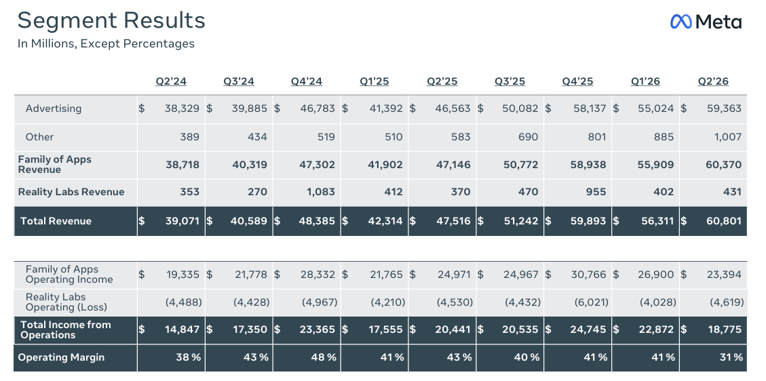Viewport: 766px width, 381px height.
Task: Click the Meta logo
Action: tap(706, 22)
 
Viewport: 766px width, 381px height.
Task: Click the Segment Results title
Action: tap(111, 21)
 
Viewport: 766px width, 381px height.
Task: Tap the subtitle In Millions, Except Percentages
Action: tap(106, 43)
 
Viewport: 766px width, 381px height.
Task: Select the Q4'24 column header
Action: tap(306, 81)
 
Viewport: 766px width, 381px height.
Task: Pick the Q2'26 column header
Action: tap(713, 81)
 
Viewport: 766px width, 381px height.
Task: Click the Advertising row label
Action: tap(53, 108)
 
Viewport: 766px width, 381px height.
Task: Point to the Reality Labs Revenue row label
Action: tap(71, 192)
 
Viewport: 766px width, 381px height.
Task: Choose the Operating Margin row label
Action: tap(61, 357)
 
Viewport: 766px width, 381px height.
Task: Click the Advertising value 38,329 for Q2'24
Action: tap(182, 108)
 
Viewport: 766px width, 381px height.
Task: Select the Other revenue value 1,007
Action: tap(728, 137)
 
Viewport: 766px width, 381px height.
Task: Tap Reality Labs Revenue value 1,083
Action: tap(321, 192)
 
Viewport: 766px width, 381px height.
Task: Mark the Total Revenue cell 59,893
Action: tap(588, 221)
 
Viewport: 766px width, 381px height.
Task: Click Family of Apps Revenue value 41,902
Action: tap(385, 165)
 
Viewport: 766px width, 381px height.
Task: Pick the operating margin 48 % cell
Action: tap(324, 357)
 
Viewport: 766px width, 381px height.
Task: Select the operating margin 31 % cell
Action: tap(731, 357)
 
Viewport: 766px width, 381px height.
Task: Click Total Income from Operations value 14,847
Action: tap(183, 329)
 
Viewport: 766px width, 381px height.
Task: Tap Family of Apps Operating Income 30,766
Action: tap(589, 275)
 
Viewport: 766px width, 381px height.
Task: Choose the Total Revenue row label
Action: tap(56, 221)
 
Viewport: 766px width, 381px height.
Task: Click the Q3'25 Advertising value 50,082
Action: tap(520, 108)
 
